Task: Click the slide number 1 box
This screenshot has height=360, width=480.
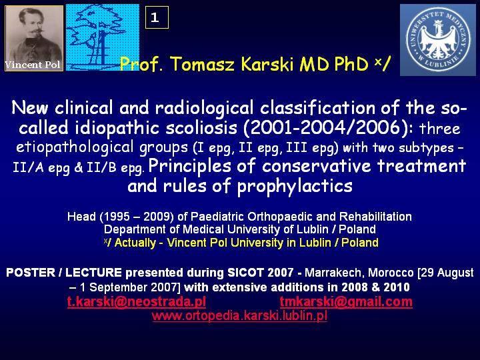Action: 157,17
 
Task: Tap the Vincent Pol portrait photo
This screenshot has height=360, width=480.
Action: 34,38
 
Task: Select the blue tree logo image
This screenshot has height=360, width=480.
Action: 103,37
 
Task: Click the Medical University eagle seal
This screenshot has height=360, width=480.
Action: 438,40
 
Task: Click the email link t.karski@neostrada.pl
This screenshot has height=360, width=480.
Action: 137,302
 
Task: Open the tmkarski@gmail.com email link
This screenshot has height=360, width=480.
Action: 346,302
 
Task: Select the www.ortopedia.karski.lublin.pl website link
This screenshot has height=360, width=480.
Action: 239,315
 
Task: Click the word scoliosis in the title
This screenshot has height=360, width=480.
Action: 201,127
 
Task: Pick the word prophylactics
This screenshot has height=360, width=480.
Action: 295,186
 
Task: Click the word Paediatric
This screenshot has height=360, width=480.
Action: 217,217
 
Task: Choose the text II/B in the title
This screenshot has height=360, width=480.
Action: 101,168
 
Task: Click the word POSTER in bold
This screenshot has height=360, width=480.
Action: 31,273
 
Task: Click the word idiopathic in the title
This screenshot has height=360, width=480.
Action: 117,128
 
